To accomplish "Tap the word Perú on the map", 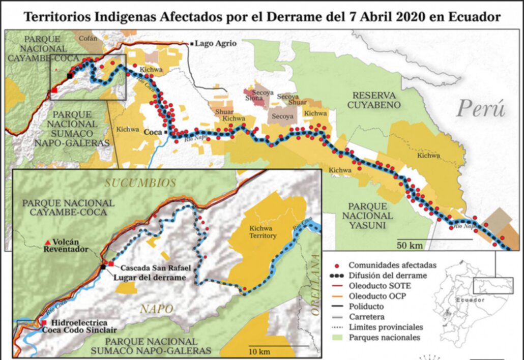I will pyautogui.click(x=481, y=108).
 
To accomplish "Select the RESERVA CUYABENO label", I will pyautogui.click(x=377, y=100).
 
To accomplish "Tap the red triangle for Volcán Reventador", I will pyautogui.click(x=48, y=241).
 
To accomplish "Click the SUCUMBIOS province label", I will pyautogui.click(x=140, y=183).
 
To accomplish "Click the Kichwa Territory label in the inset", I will pyautogui.click(x=263, y=233).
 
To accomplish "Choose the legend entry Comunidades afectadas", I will pyautogui.click(x=392, y=265).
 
